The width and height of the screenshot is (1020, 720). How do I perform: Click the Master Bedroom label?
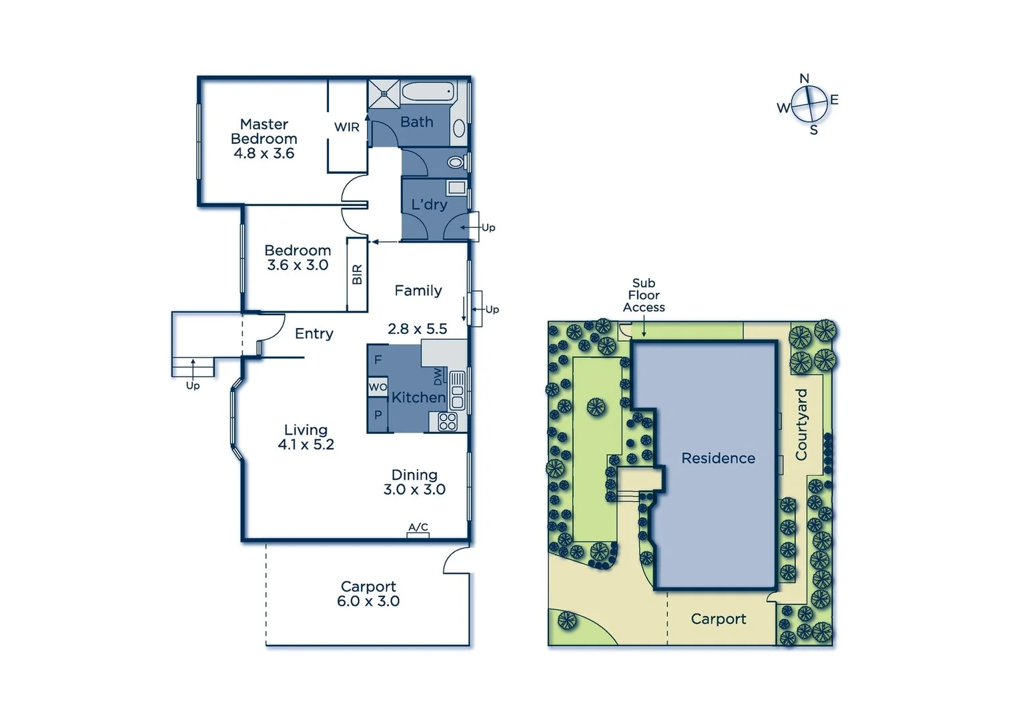click(x=264, y=131)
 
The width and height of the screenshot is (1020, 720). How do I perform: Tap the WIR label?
click(x=346, y=127)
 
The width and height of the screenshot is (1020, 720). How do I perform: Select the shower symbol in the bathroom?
click(x=384, y=94)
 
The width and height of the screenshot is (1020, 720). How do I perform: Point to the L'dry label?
click(x=428, y=204)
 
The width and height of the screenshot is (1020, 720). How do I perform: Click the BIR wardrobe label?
click(x=357, y=275)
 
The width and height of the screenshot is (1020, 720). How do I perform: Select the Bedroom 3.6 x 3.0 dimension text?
click(x=298, y=265)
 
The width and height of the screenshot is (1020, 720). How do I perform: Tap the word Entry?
click(x=314, y=333)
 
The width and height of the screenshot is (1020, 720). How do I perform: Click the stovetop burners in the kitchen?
click(x=448, y=421)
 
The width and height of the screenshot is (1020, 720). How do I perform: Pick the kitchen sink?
click(x=457, y=391)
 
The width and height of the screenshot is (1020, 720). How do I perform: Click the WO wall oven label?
click(x=378, y=387)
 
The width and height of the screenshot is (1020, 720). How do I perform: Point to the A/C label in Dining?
click(x=418, y=527)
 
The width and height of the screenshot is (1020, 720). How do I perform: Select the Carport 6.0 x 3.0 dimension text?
click(x=368, y=601)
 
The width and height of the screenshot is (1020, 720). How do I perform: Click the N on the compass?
click(x=804, y=79)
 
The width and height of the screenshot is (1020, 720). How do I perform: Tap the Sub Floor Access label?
click(x=644, y=295)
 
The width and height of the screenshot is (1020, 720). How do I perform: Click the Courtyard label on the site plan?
click(x=801, y=425)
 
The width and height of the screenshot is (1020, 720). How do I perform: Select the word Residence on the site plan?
click(x=718, y=458)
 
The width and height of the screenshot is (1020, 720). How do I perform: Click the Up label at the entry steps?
click(x=193, y=385)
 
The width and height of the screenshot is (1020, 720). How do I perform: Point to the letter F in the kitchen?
click(x=378, y=360)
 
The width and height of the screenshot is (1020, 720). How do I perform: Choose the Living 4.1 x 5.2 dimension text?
click(x=306, y=445)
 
